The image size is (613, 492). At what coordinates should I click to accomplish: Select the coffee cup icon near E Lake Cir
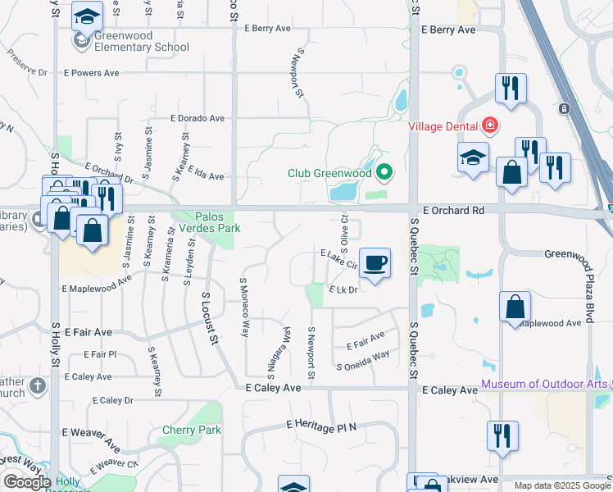(375, 263)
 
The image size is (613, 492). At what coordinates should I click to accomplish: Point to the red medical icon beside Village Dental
(490, 125)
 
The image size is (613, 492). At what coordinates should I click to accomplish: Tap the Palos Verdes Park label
(207, 222)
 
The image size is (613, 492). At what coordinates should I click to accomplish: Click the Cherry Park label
(192, 430)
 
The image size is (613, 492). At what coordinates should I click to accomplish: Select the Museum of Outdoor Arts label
(544, 384)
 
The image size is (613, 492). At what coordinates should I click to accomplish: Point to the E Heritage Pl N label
(321, 425)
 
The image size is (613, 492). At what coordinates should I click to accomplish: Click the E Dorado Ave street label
(198, 118)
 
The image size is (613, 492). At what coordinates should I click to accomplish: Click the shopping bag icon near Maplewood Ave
(515, 307)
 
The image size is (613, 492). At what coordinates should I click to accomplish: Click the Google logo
(27, 482)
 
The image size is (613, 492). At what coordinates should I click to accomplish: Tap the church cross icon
(37, 385)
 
